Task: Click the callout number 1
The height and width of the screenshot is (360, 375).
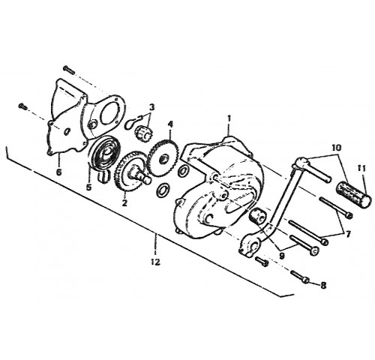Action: (229, 118)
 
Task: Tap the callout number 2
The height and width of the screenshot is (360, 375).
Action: (124, 202)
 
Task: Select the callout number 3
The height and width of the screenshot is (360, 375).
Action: (151, 107)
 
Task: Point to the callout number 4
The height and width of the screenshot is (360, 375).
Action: (170, 124)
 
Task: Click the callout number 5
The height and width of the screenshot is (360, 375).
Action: (89, 187)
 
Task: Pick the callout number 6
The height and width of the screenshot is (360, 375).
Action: (58, 172)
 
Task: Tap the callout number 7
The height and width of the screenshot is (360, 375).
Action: (347, 234)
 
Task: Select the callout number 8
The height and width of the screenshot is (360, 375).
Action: (323, 286)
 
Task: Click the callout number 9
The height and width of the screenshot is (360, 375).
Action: (282, 256)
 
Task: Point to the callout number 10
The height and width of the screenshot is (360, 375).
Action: (337, 148)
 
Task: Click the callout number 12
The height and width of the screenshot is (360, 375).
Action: (155, 262)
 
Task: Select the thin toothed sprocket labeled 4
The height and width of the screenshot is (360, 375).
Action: (163, 157)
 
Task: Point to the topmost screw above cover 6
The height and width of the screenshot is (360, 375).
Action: (69, 70)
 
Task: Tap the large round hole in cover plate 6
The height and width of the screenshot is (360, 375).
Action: (109, 115)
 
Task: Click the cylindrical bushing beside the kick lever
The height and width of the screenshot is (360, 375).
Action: (258, 215)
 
